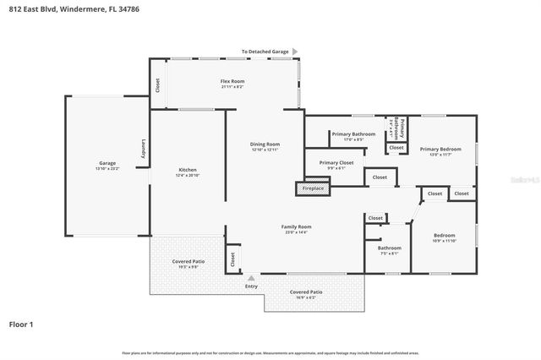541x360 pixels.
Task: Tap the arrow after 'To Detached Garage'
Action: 297,52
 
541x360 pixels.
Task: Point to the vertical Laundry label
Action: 144,148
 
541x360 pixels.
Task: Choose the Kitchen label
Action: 187,172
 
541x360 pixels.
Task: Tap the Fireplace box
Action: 313,188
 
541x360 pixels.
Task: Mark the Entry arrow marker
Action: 251,276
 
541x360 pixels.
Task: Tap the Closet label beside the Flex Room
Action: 157,85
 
